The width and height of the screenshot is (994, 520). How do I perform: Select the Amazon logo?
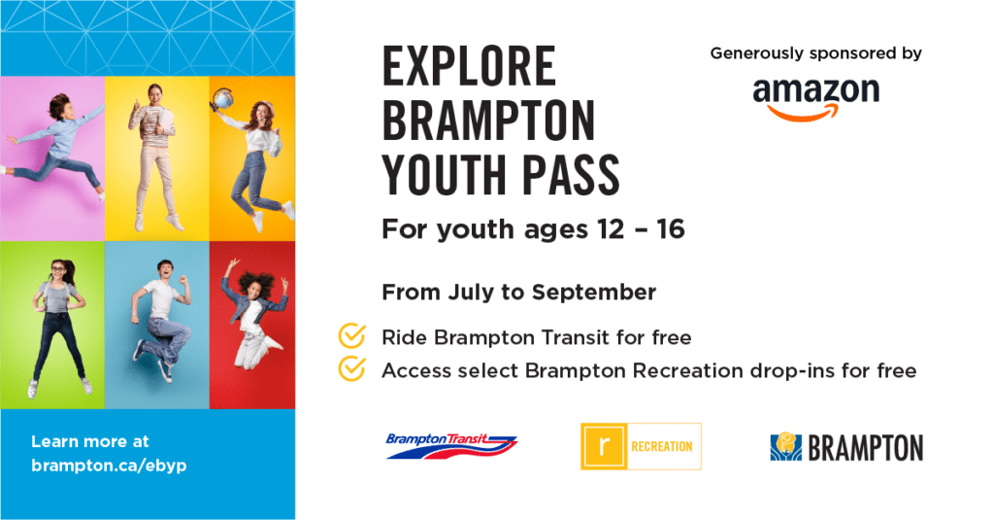coord(815,98)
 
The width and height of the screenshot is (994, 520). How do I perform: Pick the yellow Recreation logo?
coord(641,446)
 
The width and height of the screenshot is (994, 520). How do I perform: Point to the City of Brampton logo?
coord(846,448)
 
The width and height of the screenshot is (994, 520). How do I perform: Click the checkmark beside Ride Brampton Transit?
coord(351,336)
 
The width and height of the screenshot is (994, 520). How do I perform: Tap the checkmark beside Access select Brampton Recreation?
coord(351,369)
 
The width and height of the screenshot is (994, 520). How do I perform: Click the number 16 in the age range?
coord(671,229)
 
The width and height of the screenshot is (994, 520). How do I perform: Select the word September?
coord(594,293)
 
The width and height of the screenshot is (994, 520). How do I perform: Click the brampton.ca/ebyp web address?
coord(109,466)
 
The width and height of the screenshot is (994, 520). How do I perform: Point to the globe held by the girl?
coord(223,99)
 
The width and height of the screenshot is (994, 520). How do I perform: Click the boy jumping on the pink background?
coord(54,145)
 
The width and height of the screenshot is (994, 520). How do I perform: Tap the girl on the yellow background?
coord(155,156)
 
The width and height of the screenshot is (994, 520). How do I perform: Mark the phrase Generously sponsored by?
coord(815,54)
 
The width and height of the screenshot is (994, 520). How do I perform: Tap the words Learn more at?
coord(90,441)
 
